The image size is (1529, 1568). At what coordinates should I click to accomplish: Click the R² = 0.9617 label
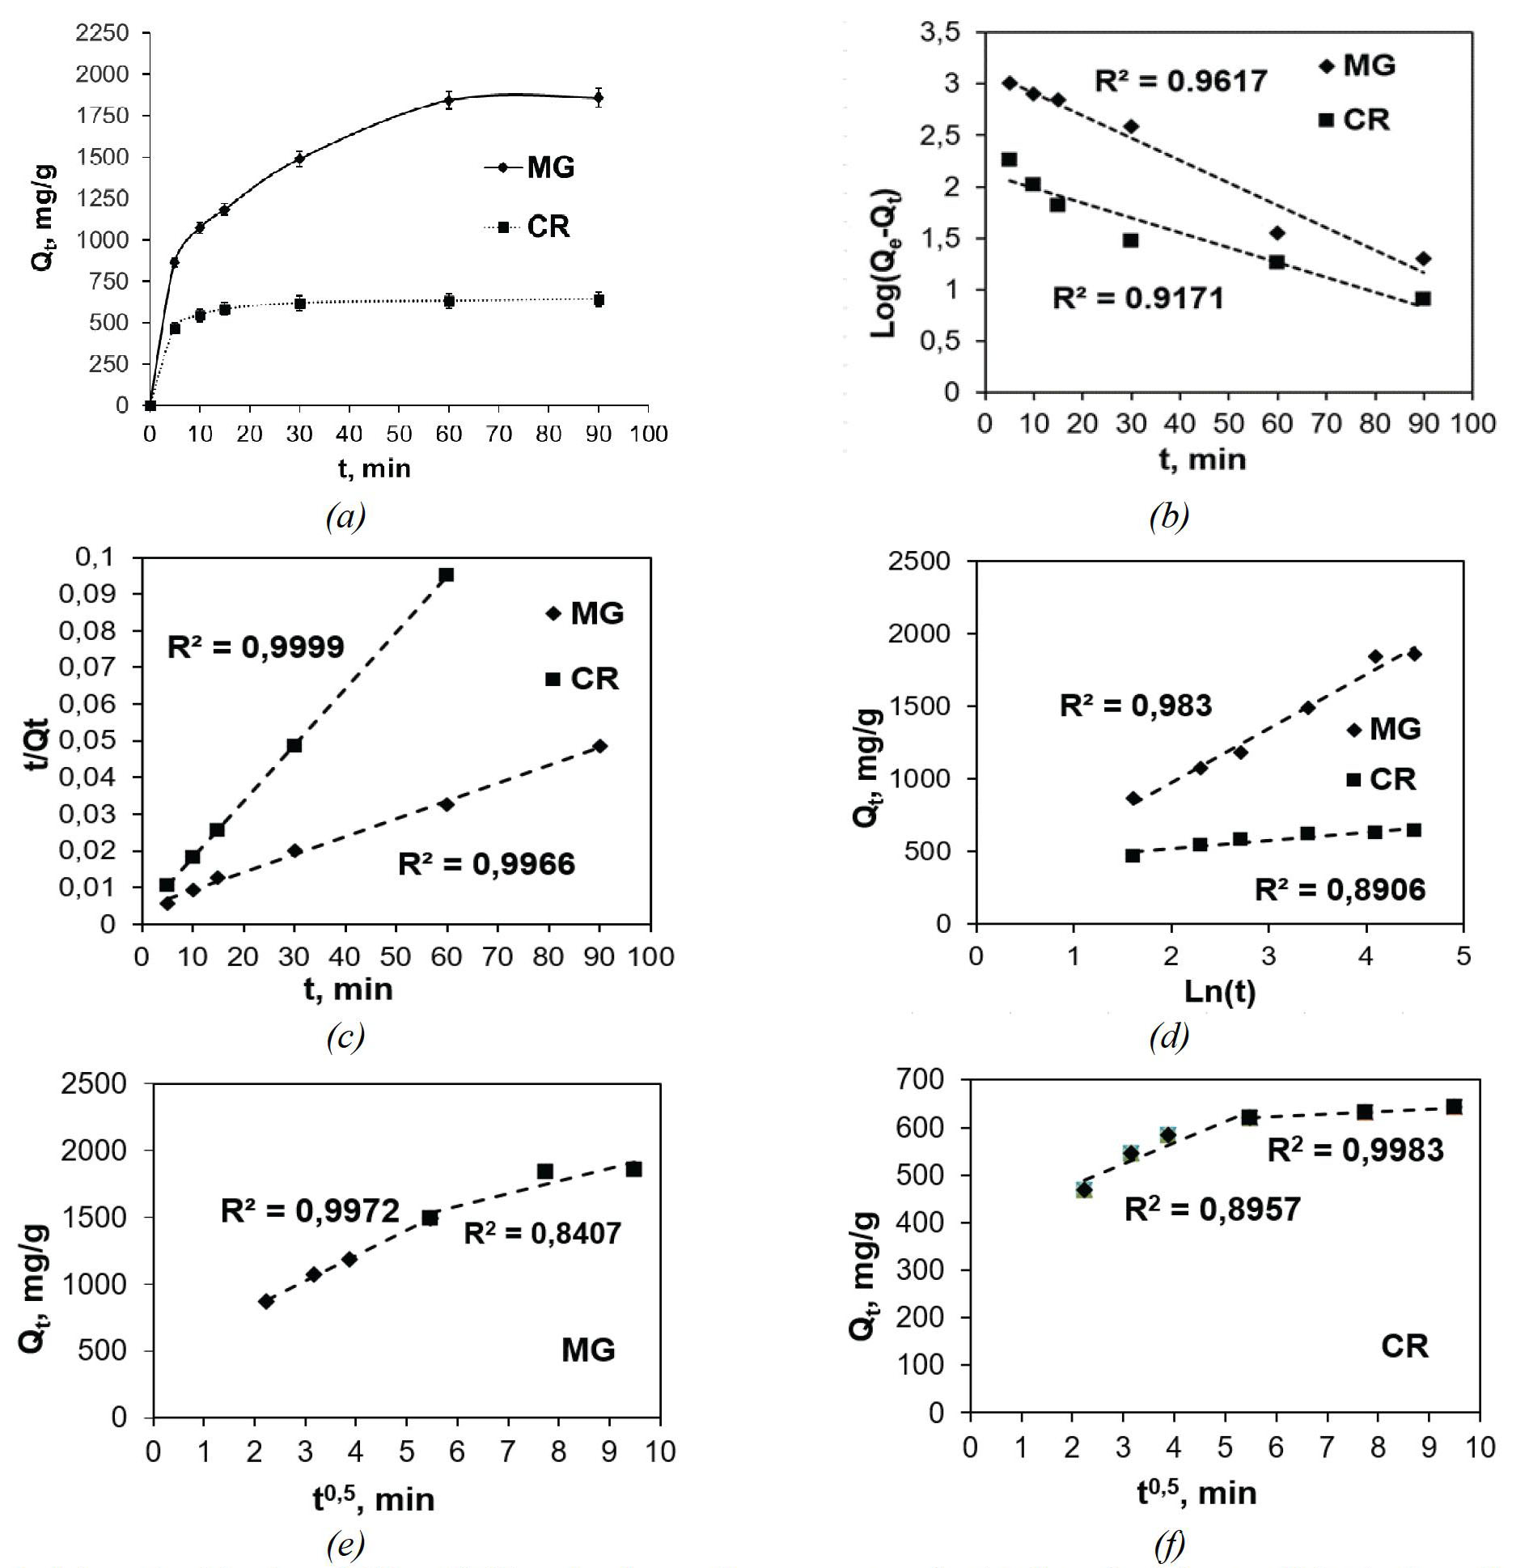tap(1180, 81)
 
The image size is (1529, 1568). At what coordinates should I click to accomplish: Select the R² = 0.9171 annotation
tap(1137, 299)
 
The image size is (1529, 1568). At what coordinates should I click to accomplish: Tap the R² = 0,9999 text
tap(256, 647)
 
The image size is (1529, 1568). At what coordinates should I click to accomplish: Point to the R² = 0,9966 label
tap(486, 864)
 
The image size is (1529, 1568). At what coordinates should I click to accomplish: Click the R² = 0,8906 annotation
tap(1340, 890)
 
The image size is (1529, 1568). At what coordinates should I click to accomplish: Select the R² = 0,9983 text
tap(1355, 1150)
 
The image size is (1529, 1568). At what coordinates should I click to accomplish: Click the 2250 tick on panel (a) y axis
tap(101, 33)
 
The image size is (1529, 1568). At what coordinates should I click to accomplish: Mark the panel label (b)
tap(1168, 515)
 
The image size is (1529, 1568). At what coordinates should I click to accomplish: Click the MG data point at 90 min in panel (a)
tap(598, 98)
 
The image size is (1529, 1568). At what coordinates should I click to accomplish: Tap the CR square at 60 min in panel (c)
tap(446, 575)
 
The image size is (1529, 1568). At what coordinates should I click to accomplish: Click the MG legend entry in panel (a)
tap(530, 167)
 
